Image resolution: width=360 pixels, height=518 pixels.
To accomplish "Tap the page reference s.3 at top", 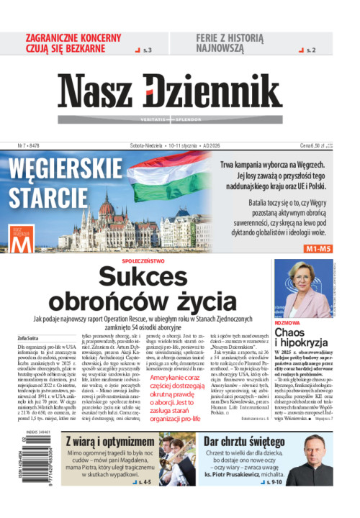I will (146, 50).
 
